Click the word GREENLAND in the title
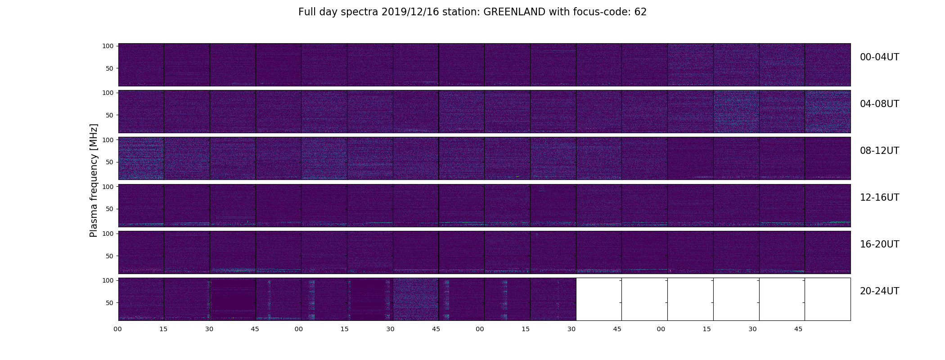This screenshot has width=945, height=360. [x=515, y=12]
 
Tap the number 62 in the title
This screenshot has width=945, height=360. [x=640, y=12]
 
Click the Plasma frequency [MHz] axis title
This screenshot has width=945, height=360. [x=94, y=180]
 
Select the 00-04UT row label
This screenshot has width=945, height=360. [x=879, y=57]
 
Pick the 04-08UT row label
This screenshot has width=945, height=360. [x=879, y=104]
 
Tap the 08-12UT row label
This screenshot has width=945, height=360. [x=879, y=151]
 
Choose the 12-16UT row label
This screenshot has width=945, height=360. [x=879, y=198]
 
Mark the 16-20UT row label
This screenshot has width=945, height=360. [x=879, y=244]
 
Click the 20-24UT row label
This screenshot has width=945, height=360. [x=879, y=291]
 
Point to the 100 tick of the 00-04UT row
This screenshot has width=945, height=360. [x=108, y=46]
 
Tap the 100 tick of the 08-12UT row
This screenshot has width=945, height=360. [x=108, y=140]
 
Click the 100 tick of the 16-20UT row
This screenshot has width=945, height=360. [x=108, y=234]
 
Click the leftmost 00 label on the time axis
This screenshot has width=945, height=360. [x=117, y=329]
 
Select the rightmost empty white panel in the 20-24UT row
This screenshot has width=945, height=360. [x=828, y=299]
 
